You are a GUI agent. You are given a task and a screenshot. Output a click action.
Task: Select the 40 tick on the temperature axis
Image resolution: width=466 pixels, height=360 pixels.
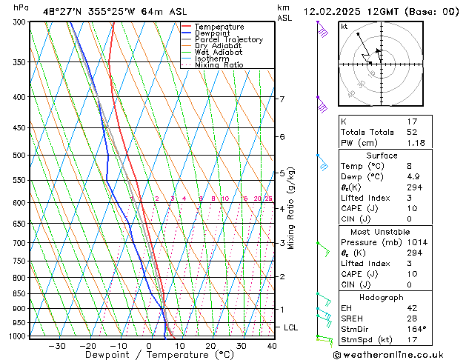(272, 346)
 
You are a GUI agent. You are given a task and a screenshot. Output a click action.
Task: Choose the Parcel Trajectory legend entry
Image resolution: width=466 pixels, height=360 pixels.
(228, 40)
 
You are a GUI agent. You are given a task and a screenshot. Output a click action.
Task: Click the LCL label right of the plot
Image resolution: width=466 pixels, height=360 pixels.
(291, 327)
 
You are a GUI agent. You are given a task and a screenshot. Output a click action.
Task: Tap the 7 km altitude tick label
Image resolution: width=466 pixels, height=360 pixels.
(282, 99)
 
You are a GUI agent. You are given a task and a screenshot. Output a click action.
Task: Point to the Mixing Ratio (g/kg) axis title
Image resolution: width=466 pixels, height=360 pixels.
(291, 208)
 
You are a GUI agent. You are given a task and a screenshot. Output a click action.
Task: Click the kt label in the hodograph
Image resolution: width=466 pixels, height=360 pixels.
(344, 27)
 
